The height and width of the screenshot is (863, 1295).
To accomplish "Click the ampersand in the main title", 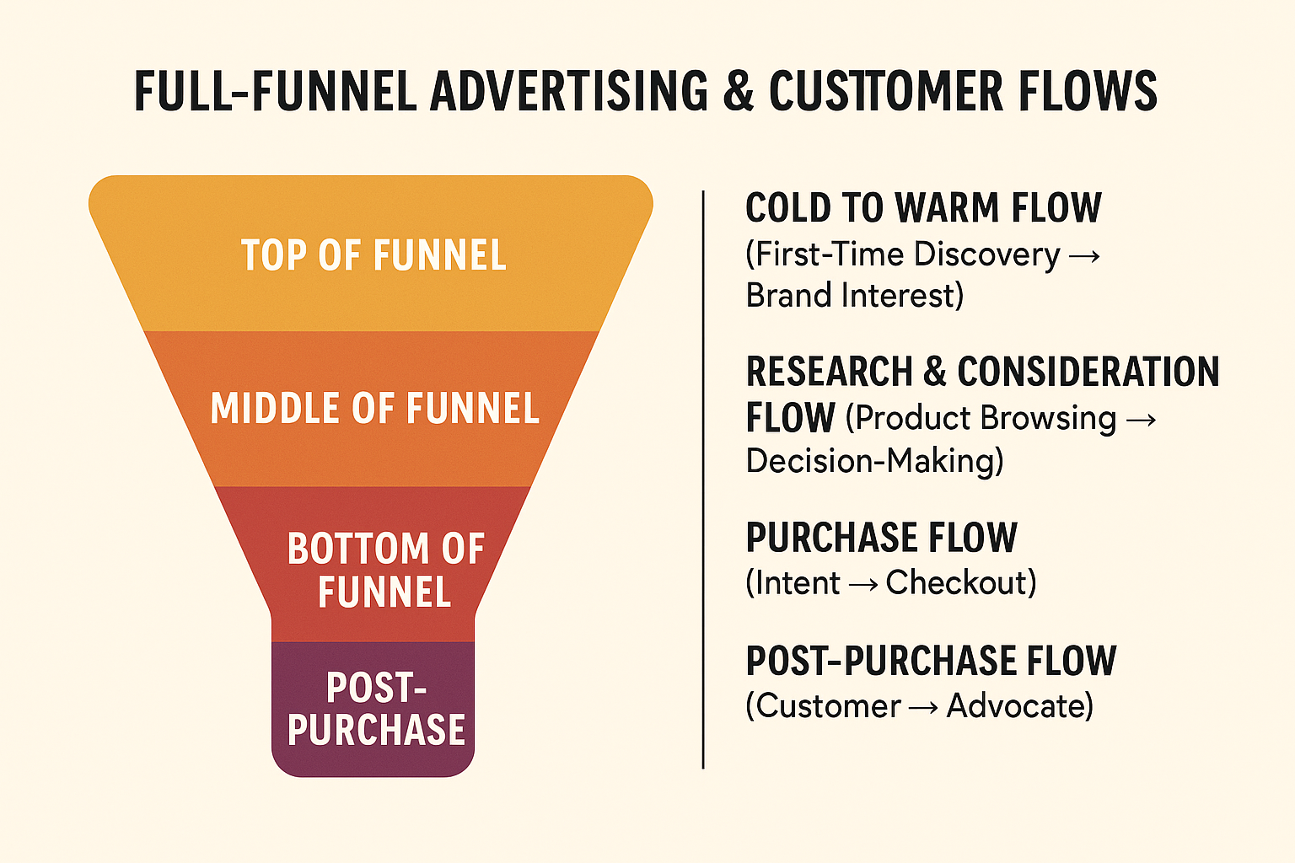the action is (739, 91).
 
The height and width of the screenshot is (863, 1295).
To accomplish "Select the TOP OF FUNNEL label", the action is (373, 255).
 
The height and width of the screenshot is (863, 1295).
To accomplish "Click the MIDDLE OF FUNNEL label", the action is (374, 408).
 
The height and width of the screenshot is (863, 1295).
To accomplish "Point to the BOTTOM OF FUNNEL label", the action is (385, 570).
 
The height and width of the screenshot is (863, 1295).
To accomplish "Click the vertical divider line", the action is (703, 480).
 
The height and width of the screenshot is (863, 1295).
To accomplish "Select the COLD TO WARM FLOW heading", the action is (923, 207).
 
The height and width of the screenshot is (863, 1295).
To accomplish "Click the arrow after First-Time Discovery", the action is (1084, 256).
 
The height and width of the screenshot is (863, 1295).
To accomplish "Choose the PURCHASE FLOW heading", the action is (882, 537).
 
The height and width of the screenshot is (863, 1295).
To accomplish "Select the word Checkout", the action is (955, 582).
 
